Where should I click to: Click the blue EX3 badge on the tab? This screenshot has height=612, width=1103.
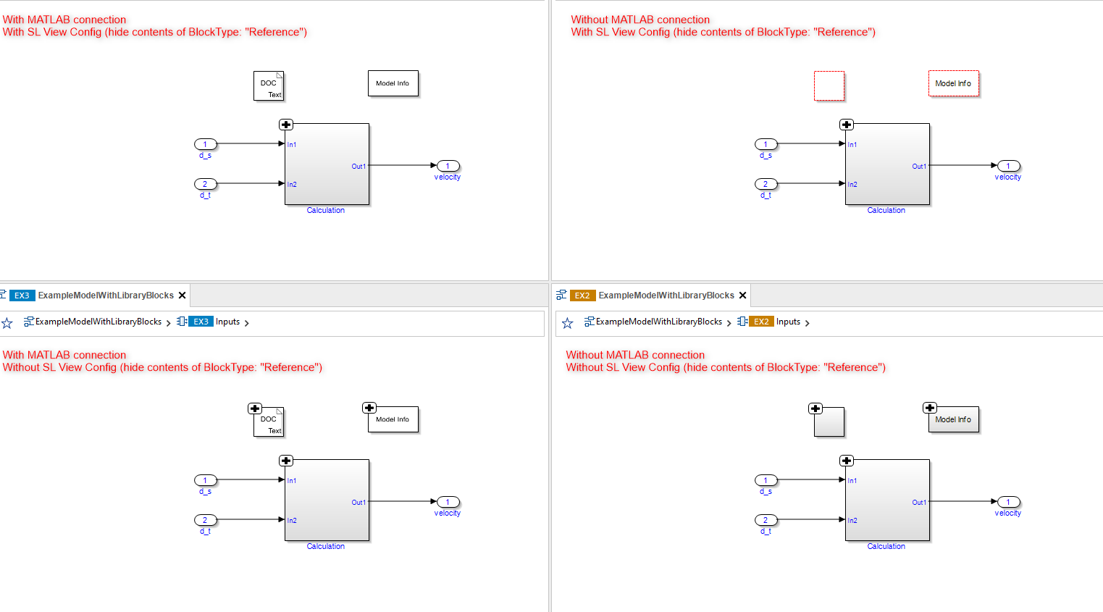point(22,295)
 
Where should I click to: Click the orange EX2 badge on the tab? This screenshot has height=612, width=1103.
point(582,295)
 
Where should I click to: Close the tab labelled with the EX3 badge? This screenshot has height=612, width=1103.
point(183,295)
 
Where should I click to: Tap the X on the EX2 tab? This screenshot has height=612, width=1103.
point(742,295)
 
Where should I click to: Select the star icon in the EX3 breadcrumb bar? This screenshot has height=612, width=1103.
point(7,323)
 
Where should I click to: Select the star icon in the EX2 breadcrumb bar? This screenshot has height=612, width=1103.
point(568,323)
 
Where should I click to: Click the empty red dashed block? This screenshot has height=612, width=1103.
point(829,85)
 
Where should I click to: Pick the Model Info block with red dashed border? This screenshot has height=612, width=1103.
point(953,83)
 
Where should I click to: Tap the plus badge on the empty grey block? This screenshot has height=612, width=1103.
point(815,408)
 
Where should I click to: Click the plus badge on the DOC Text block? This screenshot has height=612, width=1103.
point(255,408)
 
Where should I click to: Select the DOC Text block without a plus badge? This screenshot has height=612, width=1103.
point(269,86)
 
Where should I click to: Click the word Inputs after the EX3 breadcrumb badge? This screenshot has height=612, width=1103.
point(227,322)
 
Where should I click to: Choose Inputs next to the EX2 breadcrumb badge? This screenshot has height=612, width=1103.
point(788,322)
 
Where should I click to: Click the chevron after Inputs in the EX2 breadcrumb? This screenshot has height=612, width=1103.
point(808,323)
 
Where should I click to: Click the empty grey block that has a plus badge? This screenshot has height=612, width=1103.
point(830,423)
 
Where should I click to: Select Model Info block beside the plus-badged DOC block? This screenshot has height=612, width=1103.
point(393,420)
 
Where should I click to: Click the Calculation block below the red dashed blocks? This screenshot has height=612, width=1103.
point(887,164)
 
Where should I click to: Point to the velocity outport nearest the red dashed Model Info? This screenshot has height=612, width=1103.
point(1008,166)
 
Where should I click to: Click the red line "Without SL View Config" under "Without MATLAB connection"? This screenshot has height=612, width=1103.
point(725,367)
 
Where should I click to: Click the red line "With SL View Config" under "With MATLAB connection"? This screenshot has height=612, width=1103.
point(154,32)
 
